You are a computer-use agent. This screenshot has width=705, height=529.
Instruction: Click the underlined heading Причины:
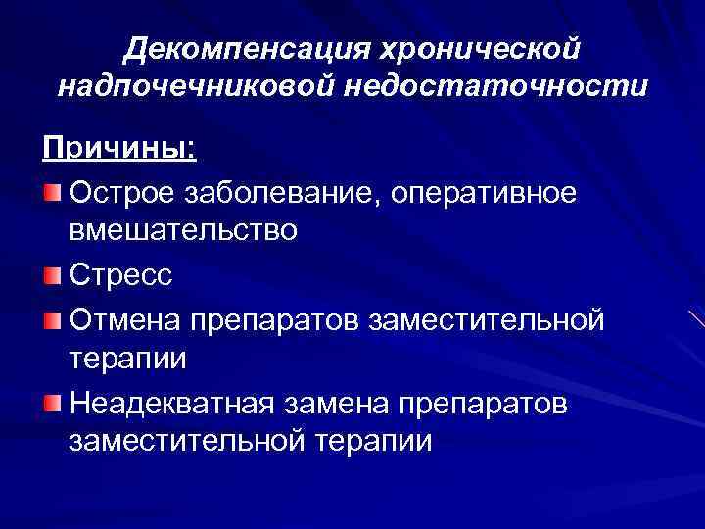tap(119, 150)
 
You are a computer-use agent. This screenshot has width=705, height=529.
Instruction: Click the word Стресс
tap(121, 275)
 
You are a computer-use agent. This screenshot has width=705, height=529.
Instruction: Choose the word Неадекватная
tap(172, 402)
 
